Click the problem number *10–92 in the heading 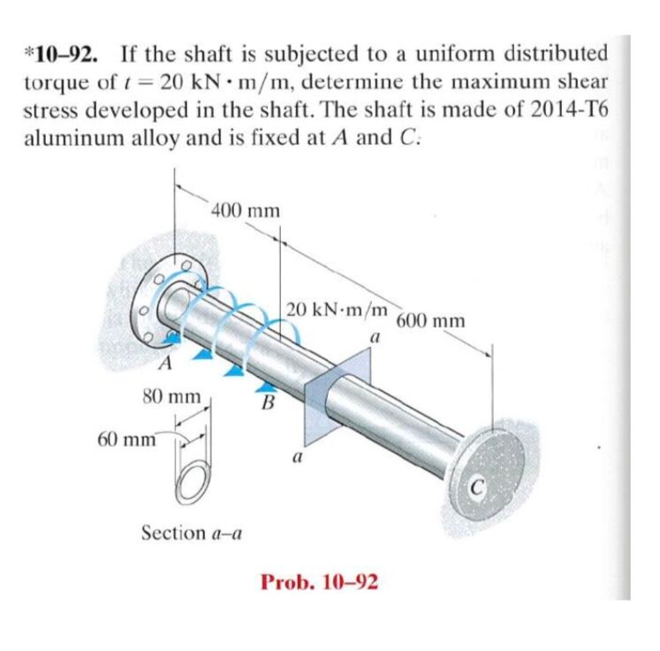pos(58,51)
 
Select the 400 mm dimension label pos(246,210)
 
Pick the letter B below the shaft pos(264,405)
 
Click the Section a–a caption pos(193,533)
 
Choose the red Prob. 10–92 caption pos(320,582)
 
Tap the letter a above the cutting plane pos(375,337)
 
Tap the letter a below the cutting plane pos(297,458)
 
